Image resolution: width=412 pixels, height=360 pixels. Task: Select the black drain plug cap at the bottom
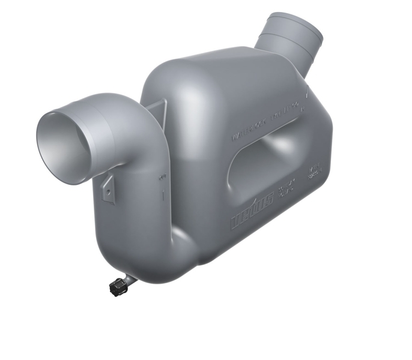click(116, 287)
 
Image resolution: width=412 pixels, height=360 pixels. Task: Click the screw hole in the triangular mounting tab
click(109, 190)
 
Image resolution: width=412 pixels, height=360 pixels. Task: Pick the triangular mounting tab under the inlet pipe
click(109, 187)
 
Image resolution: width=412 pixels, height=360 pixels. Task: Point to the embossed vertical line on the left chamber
click(163, 196)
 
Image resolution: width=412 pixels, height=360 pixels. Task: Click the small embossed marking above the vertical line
click(162, 178)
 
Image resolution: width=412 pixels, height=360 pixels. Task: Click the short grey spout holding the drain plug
click(128, 278)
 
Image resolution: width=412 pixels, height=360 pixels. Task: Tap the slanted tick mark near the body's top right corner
click(307, 95)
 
